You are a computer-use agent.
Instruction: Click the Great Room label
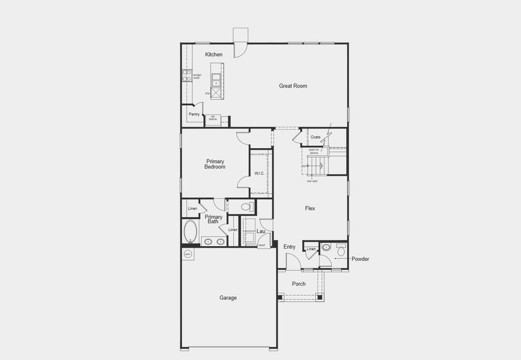[x=293, y=86]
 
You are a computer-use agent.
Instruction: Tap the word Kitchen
[x=213, y=55]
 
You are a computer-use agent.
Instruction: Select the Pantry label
[x=194, y=114]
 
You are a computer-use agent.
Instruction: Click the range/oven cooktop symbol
[x=186, y=76]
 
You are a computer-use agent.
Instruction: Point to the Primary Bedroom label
[x=215, y=164]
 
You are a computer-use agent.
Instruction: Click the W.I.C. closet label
[x=259, y=173]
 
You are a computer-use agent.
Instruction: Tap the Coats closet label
[x=315, y=137]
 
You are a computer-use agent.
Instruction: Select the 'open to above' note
[x=314, y=151]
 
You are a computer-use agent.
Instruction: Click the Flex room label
[x=310, y=208]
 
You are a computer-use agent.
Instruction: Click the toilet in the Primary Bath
[x=247, y=207]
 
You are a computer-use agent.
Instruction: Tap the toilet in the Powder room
[x=341, y=250]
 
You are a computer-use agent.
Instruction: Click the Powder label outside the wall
[x=360, y=259]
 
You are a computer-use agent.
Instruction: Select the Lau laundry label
[x=261, y=231]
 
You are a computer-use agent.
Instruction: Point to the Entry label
[x=290, y=247]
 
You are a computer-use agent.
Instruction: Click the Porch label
[x=299, y=284]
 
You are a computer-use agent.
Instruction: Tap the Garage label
[x=228, y=298]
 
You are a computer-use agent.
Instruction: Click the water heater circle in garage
[x=187, y=254]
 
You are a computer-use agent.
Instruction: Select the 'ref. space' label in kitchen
[x=213, y=118]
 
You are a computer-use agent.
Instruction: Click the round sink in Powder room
[x=326, y=247]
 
